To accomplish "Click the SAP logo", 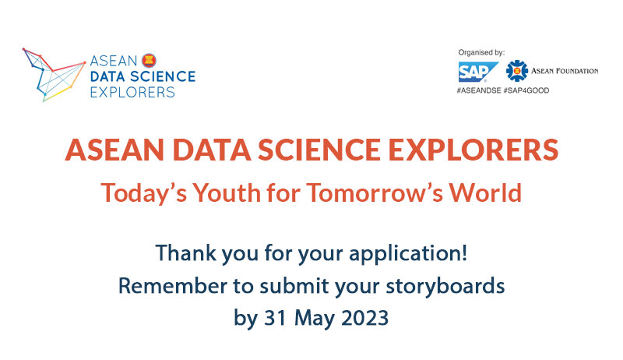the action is (477, 72).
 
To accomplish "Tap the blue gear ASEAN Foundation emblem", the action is (516, 71).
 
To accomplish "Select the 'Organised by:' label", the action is (481, 52).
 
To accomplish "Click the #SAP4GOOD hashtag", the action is (526, 90).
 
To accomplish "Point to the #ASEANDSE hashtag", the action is (479, 90).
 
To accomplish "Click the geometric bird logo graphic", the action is (54, 75).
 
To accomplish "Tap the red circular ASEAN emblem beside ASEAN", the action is (149, 61).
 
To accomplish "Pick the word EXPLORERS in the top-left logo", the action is (132, 92).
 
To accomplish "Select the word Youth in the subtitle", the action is (227, 192).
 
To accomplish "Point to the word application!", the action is (408, 254).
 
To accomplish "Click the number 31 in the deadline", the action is (276, 318).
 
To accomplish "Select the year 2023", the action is (364, 318).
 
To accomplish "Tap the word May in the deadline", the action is (314, 319).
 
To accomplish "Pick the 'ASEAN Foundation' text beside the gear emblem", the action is (565, 71).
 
